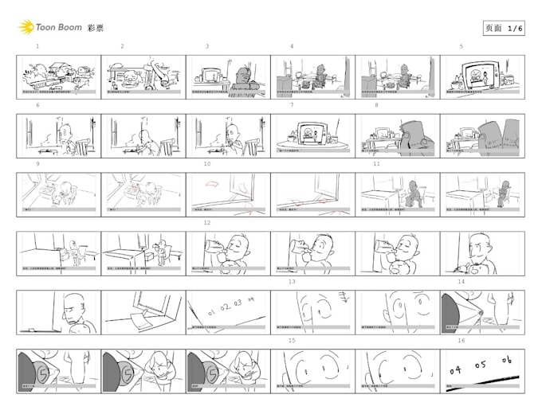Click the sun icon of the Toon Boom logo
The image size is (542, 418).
(26, 27)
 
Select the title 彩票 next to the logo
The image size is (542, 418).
(95, 28)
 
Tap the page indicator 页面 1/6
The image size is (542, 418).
(504, 28)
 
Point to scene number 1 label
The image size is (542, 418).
(37, 47)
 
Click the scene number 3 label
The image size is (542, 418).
(207, 47)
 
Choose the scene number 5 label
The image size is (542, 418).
(461, 47)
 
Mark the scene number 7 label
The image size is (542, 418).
(292, 105)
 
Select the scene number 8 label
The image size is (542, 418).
(376, 105)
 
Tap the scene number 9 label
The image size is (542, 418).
(37, 164)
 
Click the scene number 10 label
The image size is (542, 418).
(207, 164)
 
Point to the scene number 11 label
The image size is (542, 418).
(376, 164)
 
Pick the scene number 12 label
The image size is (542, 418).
(207, 223)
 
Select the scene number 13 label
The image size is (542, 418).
(292, 282)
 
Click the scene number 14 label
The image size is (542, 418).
(461, 282)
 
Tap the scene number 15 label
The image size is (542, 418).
(292, 341)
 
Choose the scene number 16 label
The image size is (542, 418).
(461, 341)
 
